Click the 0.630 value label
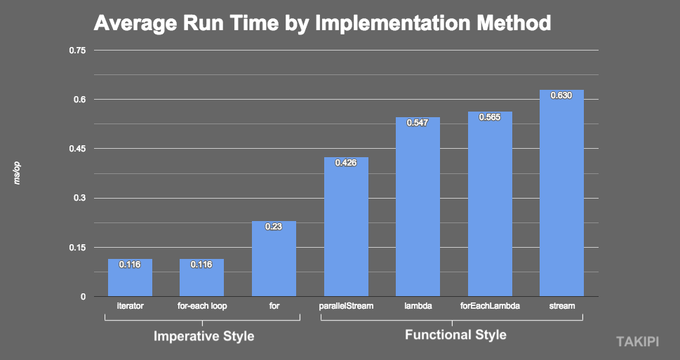(x=561, y=95)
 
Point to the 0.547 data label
(x=418, y=123)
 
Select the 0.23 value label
(x=274, y=227)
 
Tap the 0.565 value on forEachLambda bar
(x=490, y=117)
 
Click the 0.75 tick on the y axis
(x=77, y=51)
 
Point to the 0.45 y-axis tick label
(x=77, y=149)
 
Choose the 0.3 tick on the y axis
(x=79, y=198)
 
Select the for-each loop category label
(x=201, y=306)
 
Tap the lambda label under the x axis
(x=418, y=306)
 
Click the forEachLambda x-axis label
(x=490, y=306)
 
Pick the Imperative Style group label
(x=204, y=337)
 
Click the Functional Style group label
(x=455, y=335)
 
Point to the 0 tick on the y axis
(x=83, y=296)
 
